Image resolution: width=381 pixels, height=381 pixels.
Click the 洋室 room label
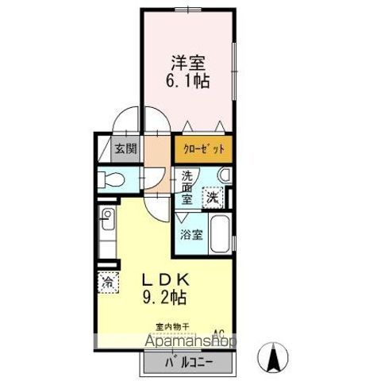pyautogui.click(x=188, y=61)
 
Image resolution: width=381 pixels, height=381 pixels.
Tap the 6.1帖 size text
pyautogui.click(x=188, y=80)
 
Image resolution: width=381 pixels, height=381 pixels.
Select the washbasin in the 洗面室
pyautogui.click(x=225, y=175)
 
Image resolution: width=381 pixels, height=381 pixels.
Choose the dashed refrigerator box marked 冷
pyautogui.click(x=106, y=280)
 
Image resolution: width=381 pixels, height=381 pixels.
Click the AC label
pyautogui.click(x=218, y=333)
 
